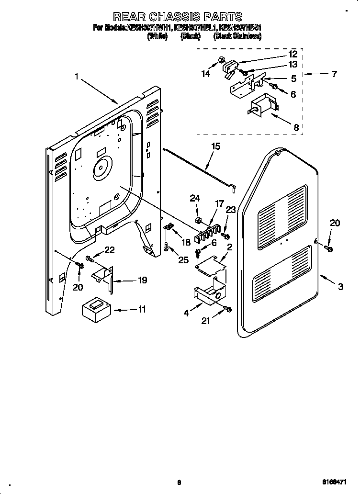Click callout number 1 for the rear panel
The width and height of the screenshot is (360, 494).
tap(77, 76)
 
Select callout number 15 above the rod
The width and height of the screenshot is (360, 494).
tap(216, 146)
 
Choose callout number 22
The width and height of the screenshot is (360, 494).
tap(109, 249)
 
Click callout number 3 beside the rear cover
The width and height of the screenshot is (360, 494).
tap(340, 287)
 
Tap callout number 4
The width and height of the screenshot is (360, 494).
tap(187, 313)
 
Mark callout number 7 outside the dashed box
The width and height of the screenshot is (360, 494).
tap(334, 74)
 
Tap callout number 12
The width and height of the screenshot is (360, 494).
tap(292, 55)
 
